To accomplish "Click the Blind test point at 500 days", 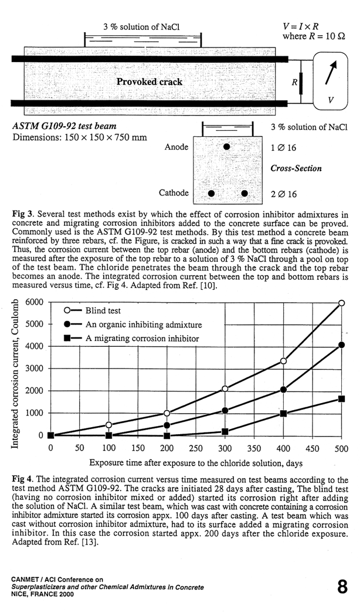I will pyautogui.click(x=341, y=303).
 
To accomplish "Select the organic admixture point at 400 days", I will pyautogui.click(x=283, y=390).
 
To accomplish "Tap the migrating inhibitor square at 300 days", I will pyautogui.click(x=225, y=431).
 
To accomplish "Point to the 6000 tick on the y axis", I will pyautogui.click(x=36, y=303).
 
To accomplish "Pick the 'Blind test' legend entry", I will pyautogui.click(x=103, y=310).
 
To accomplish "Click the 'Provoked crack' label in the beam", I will pyautogui.click(x=149, y=82).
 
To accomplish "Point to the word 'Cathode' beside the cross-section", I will pyautogui.click(x=174, y=192).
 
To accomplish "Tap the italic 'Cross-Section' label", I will pyautogui.click(x=296, y=168).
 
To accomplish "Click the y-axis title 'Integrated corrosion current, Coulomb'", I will pyautogui.click(x=16, y=374).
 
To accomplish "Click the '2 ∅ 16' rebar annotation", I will pyautogui.click(x=284, y=194).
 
